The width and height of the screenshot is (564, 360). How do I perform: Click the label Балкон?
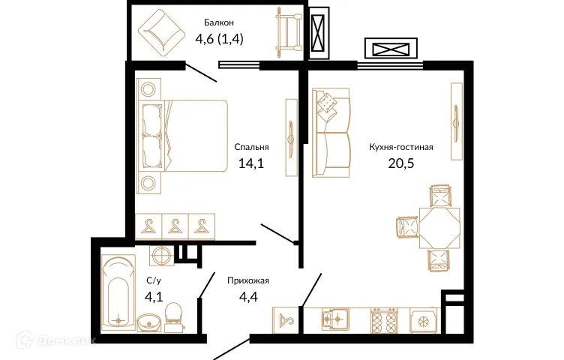(x=219, y=22)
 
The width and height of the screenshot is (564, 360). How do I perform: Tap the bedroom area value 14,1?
(x=251, y=163)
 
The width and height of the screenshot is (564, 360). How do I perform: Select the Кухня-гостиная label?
(x=401, y=147)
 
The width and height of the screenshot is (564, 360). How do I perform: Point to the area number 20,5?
(x=401, y=163)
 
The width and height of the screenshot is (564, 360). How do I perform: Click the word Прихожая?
(x=248, y=280)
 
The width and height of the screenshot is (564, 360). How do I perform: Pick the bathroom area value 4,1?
(x=154, y=297)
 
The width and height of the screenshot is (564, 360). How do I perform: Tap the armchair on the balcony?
(x=161, y=33)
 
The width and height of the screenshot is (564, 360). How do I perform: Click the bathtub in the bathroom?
(x=118, y=292)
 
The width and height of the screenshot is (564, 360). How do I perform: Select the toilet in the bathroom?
(x=175, y=316)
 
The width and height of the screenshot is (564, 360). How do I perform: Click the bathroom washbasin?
(x=149, y=322)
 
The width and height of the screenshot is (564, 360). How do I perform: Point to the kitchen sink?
(x=334, y=319)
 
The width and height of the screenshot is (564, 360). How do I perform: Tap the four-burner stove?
(x=385, y=319)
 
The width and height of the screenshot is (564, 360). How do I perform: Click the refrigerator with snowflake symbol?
(x=423, y=320)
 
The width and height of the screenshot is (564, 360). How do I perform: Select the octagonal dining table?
(x=439, y=228)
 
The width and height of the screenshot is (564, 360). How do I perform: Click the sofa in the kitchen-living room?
(x=331, y=133)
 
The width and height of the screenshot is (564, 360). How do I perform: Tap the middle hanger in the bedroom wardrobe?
(x=175, y=226)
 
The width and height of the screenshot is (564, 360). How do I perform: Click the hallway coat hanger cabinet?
(x=286, y=319)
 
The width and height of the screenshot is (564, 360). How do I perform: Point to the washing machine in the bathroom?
(x=161, y=256)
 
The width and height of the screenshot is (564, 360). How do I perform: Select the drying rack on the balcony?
(x=289, y=33)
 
